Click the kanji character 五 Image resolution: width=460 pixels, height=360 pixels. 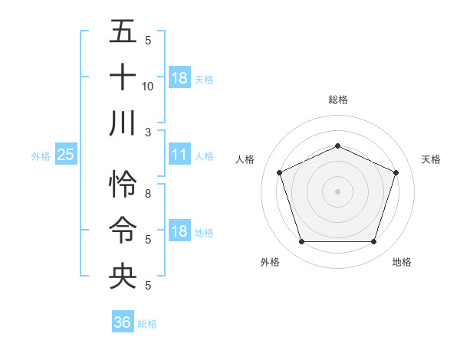tap(123, 32)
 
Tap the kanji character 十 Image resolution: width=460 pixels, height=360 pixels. tap(123, 77)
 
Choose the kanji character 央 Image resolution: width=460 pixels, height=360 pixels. tap(123, 276)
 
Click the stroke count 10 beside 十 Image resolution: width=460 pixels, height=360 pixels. tap(148, 86)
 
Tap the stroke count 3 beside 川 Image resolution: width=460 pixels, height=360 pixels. tap(148, 131)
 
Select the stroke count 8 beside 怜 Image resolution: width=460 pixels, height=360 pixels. tap(148, 194)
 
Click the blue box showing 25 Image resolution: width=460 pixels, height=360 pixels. tap(65, 155)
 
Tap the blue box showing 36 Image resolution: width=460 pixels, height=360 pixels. tap(122, 322)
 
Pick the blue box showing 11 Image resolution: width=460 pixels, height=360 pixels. tap(179, 155)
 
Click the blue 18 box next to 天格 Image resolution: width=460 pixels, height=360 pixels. tap(179, 78)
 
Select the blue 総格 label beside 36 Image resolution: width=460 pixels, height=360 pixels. tap(147, 323)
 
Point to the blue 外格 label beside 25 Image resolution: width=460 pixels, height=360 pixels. tap(41, 156)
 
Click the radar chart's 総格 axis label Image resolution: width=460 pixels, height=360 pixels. tap(338, 100)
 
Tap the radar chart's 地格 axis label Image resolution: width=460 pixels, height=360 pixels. tap(402, 262)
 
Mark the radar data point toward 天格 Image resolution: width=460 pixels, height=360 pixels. tap(396, 172)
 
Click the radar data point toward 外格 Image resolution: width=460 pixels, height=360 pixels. tap(301, 242)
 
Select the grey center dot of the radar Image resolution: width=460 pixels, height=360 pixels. tap(338, 191)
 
